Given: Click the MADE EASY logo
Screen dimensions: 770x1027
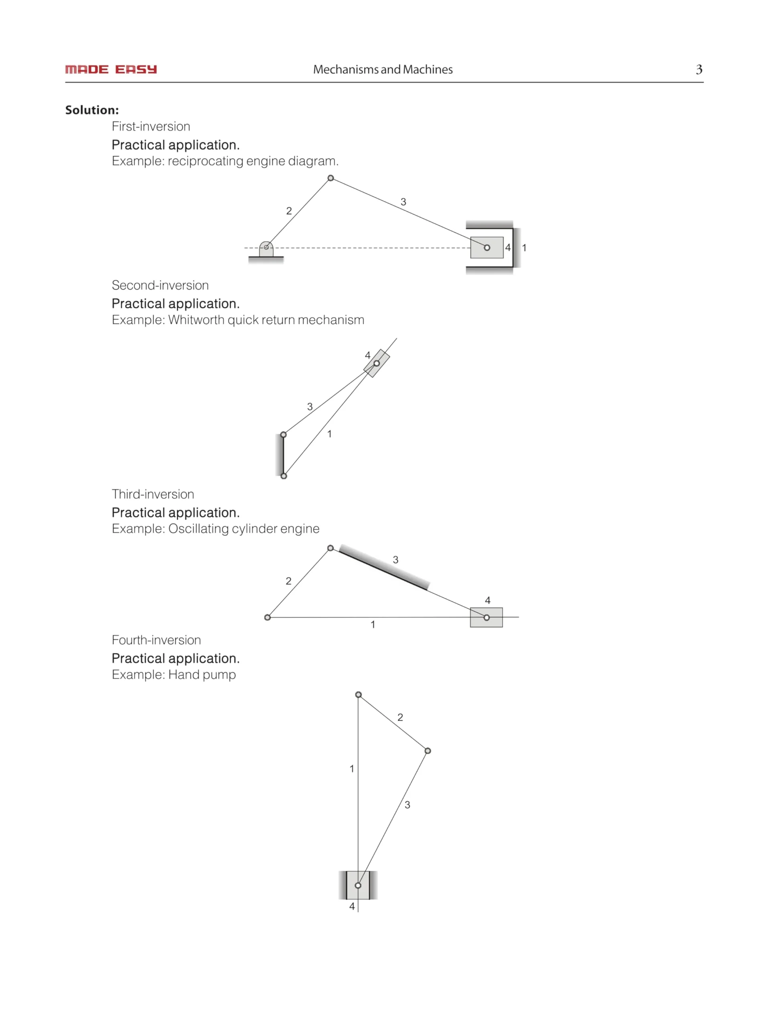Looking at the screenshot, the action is tap(111, 70).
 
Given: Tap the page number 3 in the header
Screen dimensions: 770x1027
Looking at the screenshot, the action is tap(699, 70).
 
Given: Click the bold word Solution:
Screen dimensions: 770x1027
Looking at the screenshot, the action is tap(92, 110).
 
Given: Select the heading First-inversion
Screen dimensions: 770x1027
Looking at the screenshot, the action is tap(151, 126).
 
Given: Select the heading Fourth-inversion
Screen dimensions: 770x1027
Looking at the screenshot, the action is tap(156, 640).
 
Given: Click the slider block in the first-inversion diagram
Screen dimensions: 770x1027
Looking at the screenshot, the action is tap(486, 248).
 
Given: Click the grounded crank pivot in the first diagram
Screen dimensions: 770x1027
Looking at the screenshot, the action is tap(266, 248).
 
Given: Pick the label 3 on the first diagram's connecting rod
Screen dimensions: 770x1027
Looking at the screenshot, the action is tap(403, 202).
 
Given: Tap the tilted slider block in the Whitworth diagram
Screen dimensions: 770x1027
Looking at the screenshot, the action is tap(377, 363).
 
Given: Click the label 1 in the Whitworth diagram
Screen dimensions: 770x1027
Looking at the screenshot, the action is tap(330, 434).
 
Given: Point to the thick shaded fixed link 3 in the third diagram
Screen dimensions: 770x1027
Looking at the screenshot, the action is tap(384, 568).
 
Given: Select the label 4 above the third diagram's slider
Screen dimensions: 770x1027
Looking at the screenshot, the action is tap(487, 600).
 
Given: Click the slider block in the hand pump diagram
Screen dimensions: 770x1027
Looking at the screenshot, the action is tap(358, 885).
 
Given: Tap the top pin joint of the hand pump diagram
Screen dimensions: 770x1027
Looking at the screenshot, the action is tap(358, 694).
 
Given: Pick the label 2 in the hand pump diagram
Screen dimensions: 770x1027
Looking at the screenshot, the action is tap(400, 717).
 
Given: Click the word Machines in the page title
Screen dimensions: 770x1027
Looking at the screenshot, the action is tap(428, 70).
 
